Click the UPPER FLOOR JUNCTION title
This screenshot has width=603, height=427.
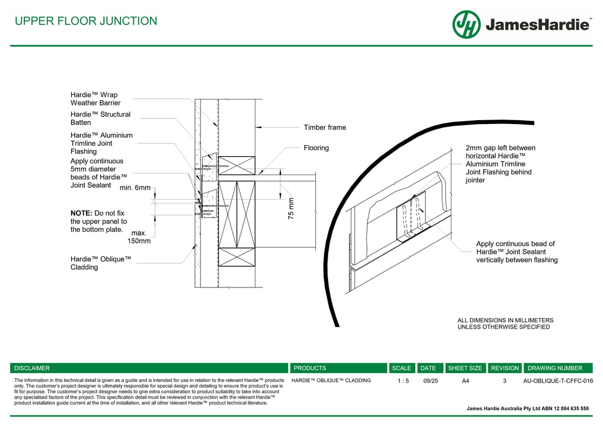tap(86, 21)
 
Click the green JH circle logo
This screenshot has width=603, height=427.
tap(466, 24)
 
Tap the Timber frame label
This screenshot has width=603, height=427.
tap(325, 127)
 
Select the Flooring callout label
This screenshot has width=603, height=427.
tap(316, 148)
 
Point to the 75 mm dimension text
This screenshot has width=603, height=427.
tap(291, 208)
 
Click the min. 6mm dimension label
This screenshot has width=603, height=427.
tap(135, 188)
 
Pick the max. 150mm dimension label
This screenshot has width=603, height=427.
tap(139, 237)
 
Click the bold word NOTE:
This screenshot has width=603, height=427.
tap(81, 213)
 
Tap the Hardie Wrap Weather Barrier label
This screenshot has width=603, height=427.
tap(96, 99)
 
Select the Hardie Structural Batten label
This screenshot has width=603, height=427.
tap(100, 118)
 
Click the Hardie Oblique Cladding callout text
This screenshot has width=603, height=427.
tap(100, 263)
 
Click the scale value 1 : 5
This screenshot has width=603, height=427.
tap(403, 381)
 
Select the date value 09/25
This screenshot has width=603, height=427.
tap(430, 381)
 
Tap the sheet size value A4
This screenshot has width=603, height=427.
tap(465, 381)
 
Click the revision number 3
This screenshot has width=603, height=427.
tap(505, 381)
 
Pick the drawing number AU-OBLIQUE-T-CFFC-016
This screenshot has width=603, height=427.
tap(558, 381)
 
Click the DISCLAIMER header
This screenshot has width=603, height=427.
tap(32, 368)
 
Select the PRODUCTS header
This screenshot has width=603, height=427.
tap(310, 368)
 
